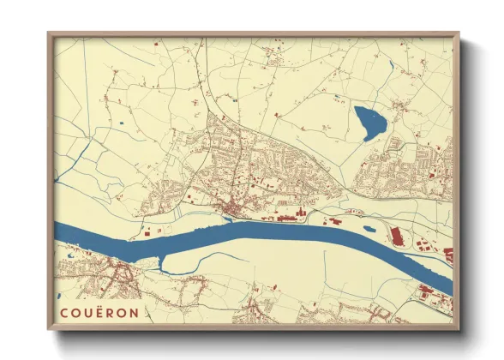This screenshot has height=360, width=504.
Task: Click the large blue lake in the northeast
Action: coord(370,123)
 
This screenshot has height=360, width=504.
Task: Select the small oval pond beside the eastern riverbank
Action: coord(369,228)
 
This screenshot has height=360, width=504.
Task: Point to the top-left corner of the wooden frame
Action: coord(49,34)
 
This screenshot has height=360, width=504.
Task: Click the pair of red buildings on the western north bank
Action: coord(150,231)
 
